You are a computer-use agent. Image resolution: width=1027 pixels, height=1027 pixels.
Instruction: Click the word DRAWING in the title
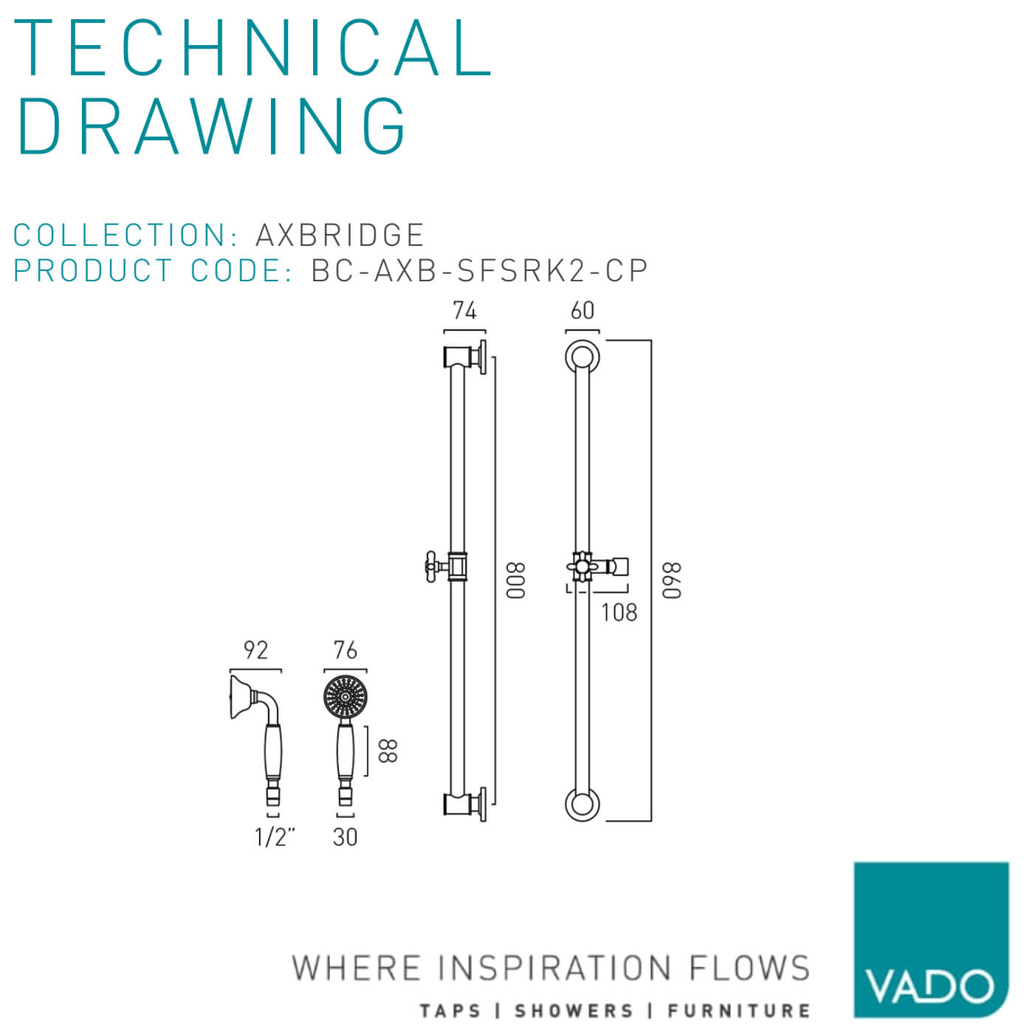coord(212,126)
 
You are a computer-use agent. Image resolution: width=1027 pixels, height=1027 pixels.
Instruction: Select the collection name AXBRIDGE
coord(340,235)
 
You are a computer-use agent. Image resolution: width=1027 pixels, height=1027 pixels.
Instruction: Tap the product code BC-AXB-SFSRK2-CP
coord(479,270)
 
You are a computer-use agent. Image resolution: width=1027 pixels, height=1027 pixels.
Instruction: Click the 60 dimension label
coord(582,310)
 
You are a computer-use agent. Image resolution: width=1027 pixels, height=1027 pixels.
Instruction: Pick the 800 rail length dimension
coord(515,580)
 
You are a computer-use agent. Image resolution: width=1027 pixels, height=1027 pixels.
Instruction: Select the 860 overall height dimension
coord(672,580)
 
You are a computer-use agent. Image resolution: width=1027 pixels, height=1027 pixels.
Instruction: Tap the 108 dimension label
coord(619,612)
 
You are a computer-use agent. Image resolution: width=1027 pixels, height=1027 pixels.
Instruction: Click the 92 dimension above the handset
coord(255,650)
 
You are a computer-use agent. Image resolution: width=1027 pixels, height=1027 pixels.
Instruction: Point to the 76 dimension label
coord(345,650)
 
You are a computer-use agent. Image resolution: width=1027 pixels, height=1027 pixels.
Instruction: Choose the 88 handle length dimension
coord(388,750)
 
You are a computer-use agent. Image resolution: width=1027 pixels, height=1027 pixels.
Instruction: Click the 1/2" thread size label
coord(275,837)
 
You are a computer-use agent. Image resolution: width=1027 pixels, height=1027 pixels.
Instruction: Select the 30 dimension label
coord(345,837)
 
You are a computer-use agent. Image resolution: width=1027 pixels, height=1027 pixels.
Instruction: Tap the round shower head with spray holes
coord(346,697)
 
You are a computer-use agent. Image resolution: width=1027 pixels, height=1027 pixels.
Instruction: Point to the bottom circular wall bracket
coord(583,804)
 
